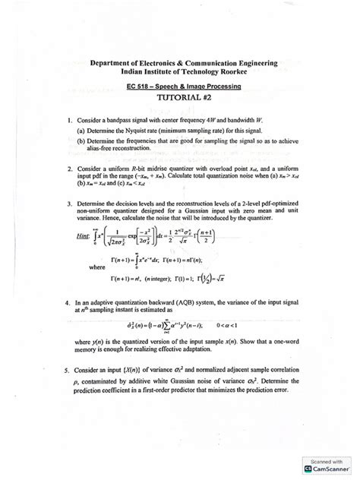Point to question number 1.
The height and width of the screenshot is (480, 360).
pos(68,120)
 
